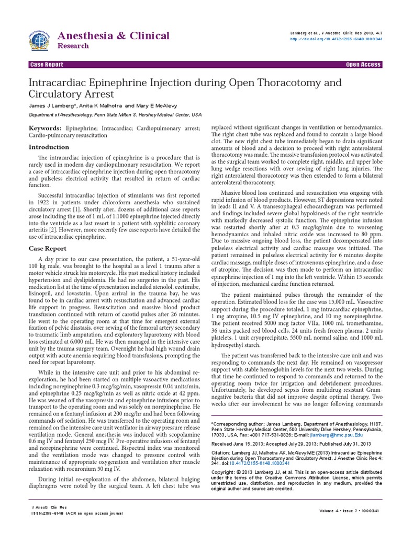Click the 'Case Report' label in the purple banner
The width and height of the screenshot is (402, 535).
[x=47, y=65]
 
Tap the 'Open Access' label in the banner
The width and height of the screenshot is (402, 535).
[x=364, y=65]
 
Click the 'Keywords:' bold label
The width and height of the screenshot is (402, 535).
[x=45, y=128]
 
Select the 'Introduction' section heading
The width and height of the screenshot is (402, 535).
[x=48, y=147]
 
